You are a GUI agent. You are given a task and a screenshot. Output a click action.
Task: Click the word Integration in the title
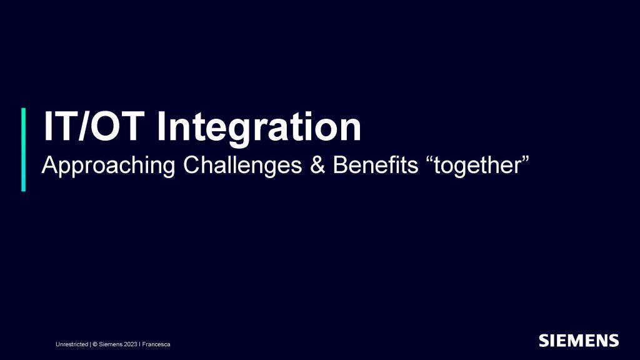click(259, 127)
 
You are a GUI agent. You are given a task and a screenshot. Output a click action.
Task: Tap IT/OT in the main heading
click(94, 126)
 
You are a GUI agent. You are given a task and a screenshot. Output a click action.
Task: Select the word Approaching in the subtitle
click(109, 166)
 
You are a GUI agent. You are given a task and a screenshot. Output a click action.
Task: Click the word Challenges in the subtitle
click(242, 165)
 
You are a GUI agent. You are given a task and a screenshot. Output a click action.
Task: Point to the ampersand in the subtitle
click(317, 165)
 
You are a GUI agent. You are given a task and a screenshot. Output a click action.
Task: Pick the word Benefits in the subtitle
click(376, 165)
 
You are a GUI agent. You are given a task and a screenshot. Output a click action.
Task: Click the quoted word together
click(477, 166)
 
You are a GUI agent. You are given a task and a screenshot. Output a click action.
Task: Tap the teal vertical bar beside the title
click(23, 149)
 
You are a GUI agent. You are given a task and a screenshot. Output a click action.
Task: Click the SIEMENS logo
click(579, 341)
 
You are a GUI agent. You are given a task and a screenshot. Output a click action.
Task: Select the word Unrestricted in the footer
click(72, 344)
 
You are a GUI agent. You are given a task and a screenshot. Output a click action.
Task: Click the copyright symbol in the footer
click(95, 344)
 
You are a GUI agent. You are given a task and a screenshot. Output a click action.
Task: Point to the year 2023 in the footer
click(131, 344)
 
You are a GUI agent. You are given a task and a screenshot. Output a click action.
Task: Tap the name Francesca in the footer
click(156, 344)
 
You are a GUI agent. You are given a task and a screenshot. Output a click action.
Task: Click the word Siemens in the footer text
click(110, 344)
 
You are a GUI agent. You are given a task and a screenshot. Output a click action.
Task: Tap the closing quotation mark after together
click(525, 159)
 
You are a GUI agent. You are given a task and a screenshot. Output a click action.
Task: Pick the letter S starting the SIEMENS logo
click(544, 341)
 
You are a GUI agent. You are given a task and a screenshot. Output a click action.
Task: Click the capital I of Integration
click(161, 126)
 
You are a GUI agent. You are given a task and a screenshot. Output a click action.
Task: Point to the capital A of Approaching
click(50, 165)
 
